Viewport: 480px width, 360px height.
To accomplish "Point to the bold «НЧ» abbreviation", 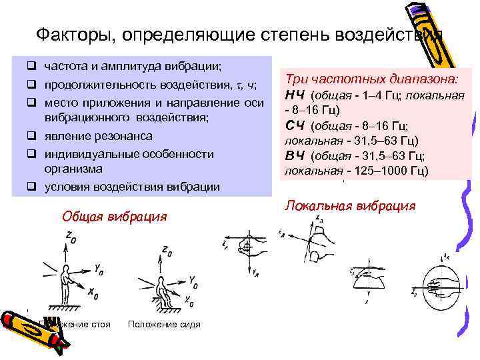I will coord(295,93).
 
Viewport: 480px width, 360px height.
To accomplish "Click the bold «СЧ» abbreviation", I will coord(295,125).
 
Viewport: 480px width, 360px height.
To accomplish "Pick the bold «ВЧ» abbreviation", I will coord(295,157).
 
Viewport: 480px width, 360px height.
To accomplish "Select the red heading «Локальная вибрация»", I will coord(350,205).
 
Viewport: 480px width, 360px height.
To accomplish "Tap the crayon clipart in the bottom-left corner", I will coord(30,330).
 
